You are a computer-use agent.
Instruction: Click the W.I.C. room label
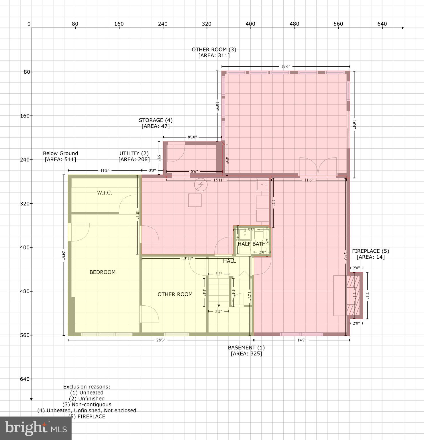(105, 193)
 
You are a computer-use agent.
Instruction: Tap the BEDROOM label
(103, 272)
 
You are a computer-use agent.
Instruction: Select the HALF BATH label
(252, 244)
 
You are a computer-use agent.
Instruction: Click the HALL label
(229, 261)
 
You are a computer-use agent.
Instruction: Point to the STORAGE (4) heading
(156, 120)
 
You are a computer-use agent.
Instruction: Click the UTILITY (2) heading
(134, 154)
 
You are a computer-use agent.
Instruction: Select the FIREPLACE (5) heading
(370, 251)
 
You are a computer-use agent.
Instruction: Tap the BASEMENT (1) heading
(246, 347)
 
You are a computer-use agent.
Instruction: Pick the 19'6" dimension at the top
(285, 66)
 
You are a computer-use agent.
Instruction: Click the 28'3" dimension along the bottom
(161, 340)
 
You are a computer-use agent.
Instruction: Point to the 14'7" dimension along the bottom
(302, 340)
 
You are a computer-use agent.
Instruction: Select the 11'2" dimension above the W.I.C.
(105, 170)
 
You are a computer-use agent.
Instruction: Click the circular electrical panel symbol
(201, 185)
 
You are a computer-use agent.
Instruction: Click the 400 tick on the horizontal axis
(250, 24)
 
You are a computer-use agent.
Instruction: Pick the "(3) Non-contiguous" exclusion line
(87, 404)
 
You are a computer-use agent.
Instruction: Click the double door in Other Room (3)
(318, 167)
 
